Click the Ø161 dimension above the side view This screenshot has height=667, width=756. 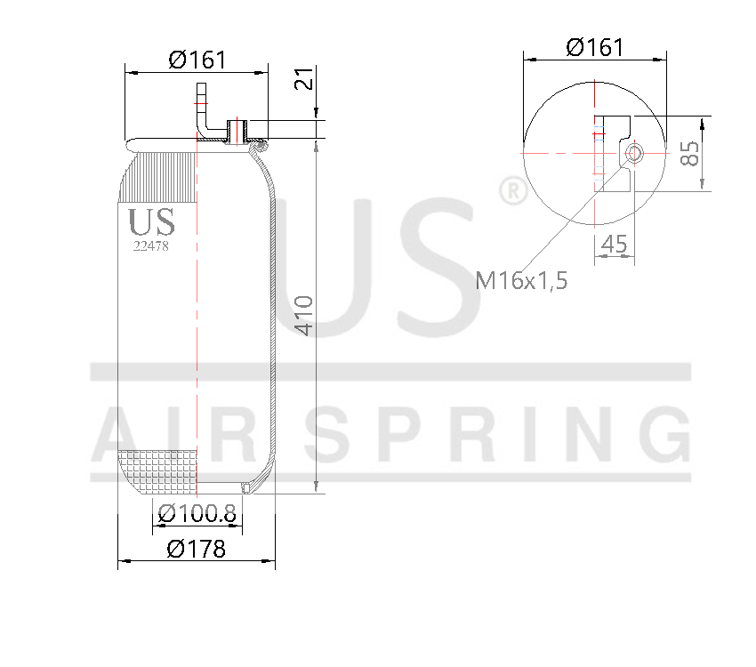[197, 60]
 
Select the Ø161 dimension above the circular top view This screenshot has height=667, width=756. [595, 47]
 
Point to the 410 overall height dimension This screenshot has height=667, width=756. [304, 315]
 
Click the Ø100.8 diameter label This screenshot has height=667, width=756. [197, 513]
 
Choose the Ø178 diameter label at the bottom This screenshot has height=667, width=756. [197, 549]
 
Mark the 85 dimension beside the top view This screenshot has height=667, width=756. [690, 152]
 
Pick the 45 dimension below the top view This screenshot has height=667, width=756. [615, 243]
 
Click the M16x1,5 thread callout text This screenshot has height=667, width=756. [521, 281]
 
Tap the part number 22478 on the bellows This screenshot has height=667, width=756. [150, 247]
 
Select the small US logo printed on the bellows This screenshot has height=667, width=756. [151, 222]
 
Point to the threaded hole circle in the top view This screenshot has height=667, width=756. [634, 152]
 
